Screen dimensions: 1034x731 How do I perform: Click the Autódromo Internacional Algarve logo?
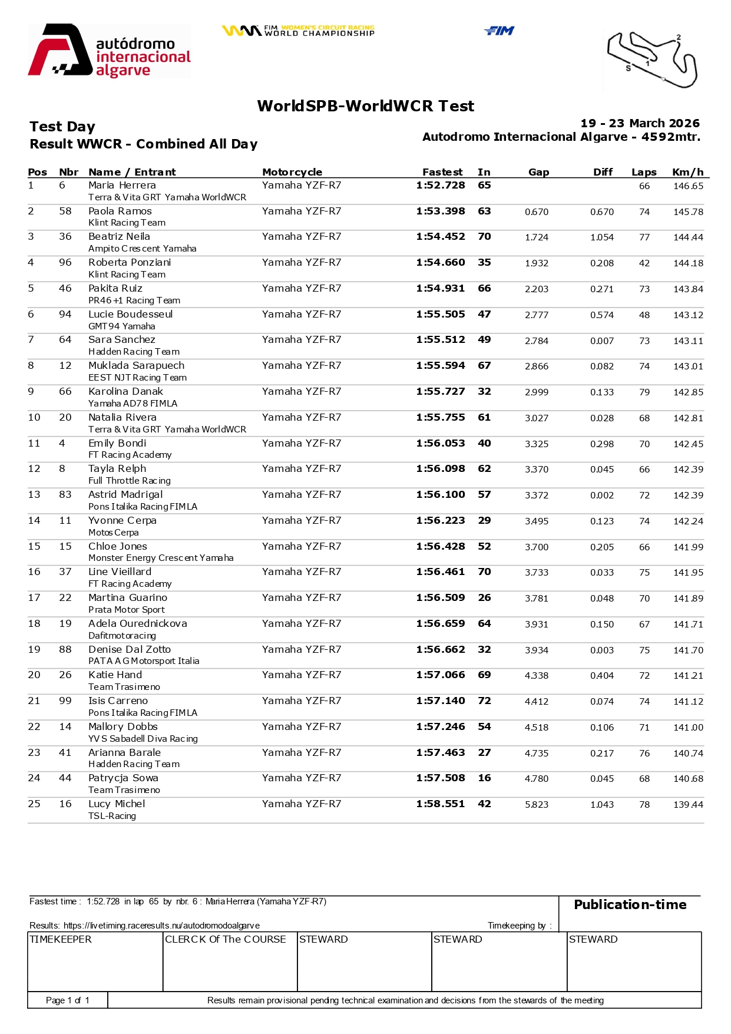[x=110, y=51]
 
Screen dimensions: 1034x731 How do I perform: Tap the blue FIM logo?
[x=499, y=31]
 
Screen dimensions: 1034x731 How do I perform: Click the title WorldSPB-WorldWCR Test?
[x=365, y=106]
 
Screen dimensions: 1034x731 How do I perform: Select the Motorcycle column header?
[x=292, y=172]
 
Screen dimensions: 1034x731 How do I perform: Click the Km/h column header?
[x=687, y=172]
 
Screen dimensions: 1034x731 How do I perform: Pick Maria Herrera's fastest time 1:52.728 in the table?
[x=440, y=186]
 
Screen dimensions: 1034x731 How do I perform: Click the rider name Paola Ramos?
[x=120, y=211]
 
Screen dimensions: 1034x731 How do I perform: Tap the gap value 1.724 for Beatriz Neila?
[x=536, y=237]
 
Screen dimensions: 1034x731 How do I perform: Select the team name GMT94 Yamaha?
[x=122, y=326]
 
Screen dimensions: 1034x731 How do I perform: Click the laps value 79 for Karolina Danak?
[x=644, y=392]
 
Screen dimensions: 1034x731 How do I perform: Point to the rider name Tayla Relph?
[x=117, y=469]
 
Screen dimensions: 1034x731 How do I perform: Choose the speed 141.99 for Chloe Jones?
[x=688, y=547]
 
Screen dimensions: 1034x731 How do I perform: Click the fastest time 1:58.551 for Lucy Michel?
[x=440, y=804]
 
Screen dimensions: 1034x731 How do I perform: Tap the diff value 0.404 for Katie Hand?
[x=601, y=676]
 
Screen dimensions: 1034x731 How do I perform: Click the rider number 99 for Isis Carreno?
[x=65, y=701]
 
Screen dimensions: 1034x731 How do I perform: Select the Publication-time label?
[x=630, y=905]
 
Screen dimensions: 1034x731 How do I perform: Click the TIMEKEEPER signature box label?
[x=61, y=940]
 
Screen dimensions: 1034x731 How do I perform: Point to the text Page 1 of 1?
[x=68, y=1000]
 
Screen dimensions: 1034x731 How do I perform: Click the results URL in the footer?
[x=161, y=926]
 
